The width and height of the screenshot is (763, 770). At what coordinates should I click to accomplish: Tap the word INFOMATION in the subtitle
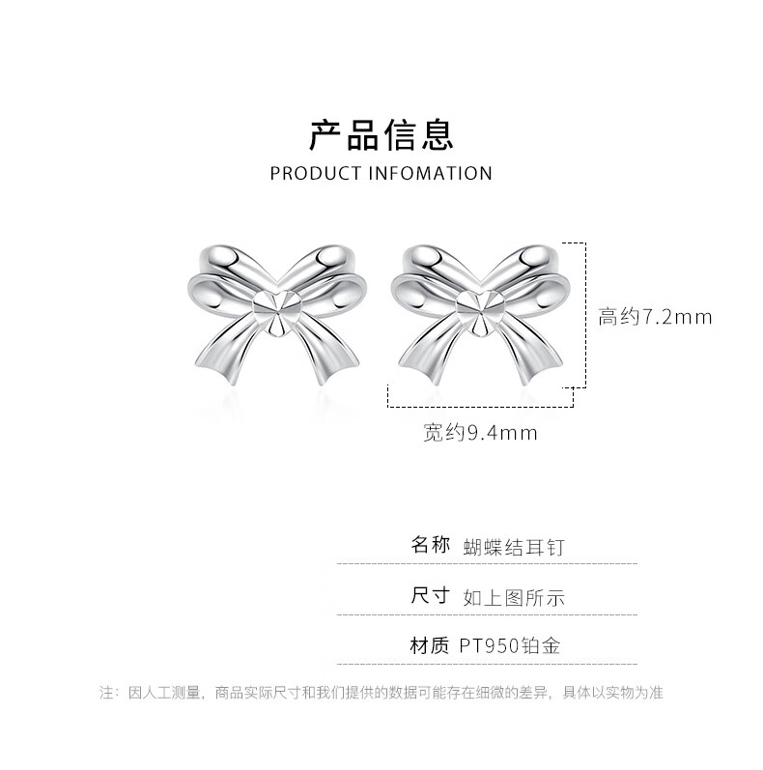(431, 174)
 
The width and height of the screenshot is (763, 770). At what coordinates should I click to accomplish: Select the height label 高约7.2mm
(655, 317)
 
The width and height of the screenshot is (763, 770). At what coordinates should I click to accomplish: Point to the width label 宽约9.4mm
(479, 433)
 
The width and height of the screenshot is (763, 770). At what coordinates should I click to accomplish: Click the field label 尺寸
(430, 595)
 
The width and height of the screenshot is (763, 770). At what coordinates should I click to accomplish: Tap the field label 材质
(430, 645)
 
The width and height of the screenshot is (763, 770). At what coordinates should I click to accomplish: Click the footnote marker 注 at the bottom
(106, 693)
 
